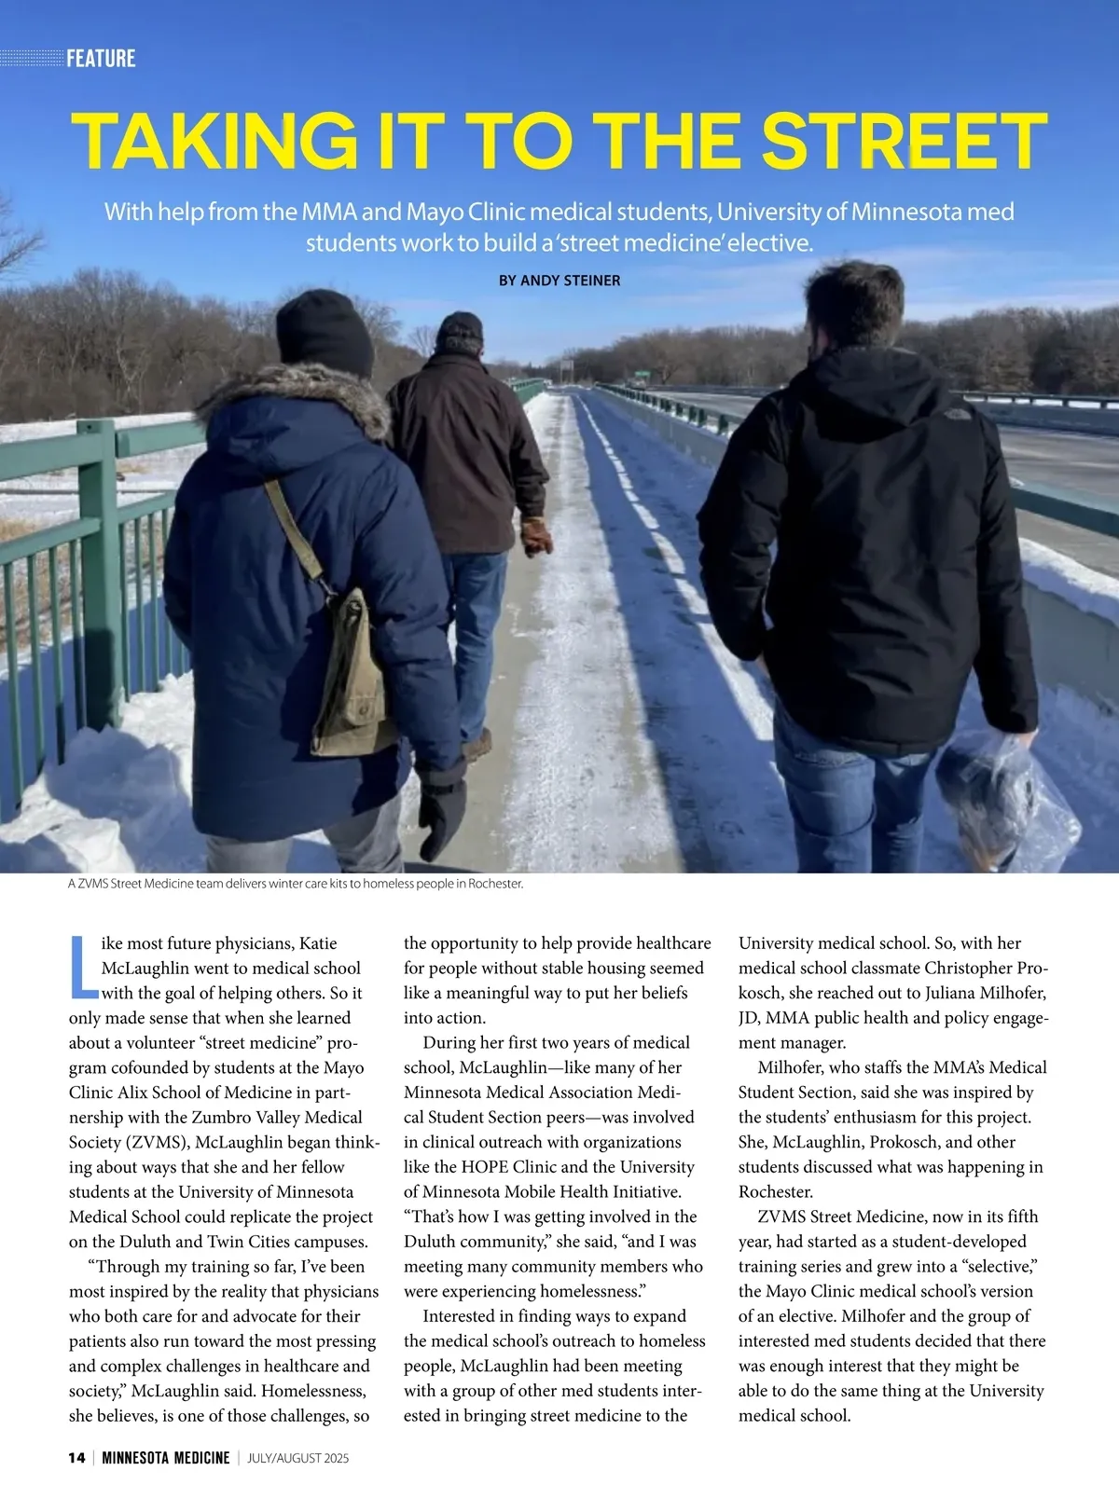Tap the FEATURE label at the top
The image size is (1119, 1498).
pyautogui.click(x=101, y=59)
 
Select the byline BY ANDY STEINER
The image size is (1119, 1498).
pyautogui.click(x=559, y=281)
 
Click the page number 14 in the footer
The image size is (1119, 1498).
pyautogui.click(x=76, y=1458)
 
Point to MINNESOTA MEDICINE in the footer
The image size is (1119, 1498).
pyautogui.click(x=165, y=1458)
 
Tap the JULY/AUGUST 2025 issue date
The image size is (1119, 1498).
pyautogui.click(x=297, y=1458)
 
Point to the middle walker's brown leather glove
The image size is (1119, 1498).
pyautogui.click(x=536, y=536)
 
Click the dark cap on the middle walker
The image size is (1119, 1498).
pyautogui.click(x=461, y=326)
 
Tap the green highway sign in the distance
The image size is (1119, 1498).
pyautogui.click(x=642, y=377)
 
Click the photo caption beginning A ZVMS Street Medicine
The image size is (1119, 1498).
pyautogui.click(x=295, y=884)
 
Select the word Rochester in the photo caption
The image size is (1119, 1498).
pyautogui.click(x=495, y=884)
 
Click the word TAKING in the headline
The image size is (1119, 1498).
pyautogui.click(x=214, y=142)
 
